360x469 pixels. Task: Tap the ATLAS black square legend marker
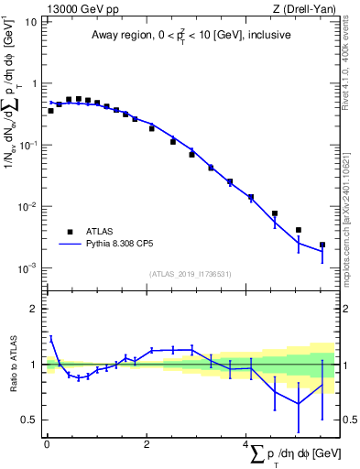(69, 232)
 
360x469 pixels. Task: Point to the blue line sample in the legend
(70, 245)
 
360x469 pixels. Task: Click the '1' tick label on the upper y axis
(33, 83)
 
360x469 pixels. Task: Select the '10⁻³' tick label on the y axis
(27, 267)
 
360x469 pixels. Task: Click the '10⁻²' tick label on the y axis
(27, 206)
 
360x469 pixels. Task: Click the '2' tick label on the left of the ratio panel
(33, 309)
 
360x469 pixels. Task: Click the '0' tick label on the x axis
(47, 444)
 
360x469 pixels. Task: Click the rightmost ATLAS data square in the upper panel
(322, 245)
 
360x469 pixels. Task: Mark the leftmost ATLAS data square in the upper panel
(50, 111)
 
